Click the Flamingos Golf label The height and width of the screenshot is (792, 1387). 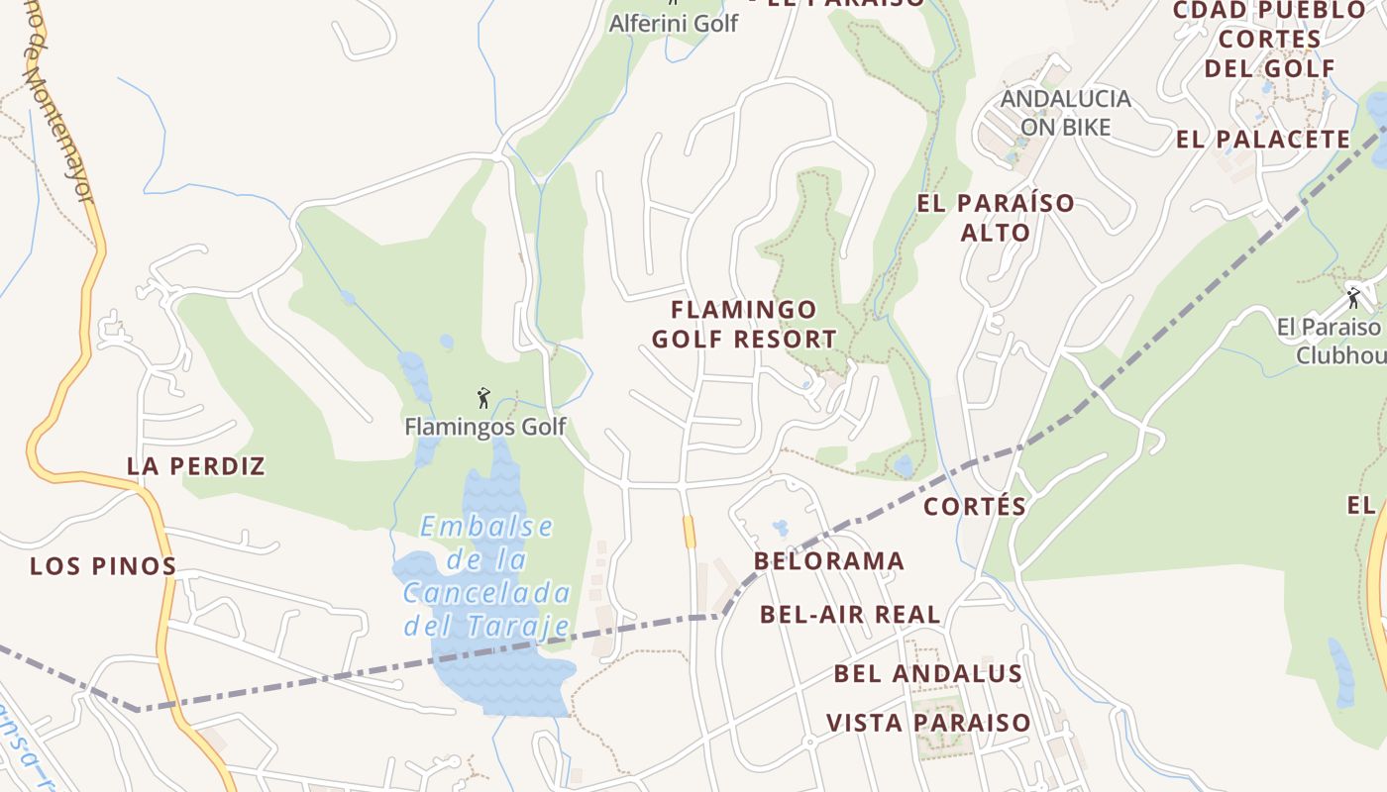pyautogui.click(x=484, y=427)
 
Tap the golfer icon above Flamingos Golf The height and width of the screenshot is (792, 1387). pyautogui.click(x=483, y=398)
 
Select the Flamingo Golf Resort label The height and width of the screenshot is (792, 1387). pyautogui.click(x=744, y=325)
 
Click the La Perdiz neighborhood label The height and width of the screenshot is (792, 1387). pyautogui.click(x=196, y=465)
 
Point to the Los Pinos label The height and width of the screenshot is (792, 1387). pyautogui.click(x=103, y=566)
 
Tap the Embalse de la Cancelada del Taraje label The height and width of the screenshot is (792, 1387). pyautogui.click(x=486, y=576)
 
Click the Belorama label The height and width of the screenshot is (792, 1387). pyautogui.click(x=829, y=561)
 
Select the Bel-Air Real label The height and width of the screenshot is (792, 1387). pyautogui.click(x=850, y=614)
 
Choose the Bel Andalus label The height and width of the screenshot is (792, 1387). pyautogui.click(x=927, y=674)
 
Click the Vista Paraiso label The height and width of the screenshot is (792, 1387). pyautogui.click(x=928, y=723)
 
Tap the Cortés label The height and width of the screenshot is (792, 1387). pyautogui.click(x=975, y=507)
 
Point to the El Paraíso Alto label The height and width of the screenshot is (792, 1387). pyautogui.click(x=996, y=218)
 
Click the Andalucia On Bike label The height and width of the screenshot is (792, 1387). pyautogui.click(x=1065, y=113)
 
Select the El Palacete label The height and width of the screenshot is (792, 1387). pyautogui.click(x=1263, y=140)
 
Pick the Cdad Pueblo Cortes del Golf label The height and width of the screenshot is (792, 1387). pyautogui.click(x=1269, y=40)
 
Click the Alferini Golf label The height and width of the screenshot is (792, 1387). pyautogui.click(x=674, y=23)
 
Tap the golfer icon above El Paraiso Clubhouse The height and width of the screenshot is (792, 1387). pyautogui.click(x=1353, y=297)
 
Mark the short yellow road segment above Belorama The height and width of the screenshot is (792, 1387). pyautogui.click(x=689, y=532)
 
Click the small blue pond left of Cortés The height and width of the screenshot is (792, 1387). pyautogui.click(x=903, y=465)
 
